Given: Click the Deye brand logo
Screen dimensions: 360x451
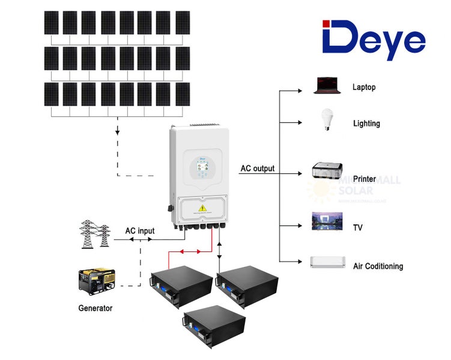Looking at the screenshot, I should tap(374, 40).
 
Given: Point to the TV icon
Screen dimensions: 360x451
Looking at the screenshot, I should tap(327, 221).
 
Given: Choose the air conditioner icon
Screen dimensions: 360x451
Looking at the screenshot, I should tap(327, 262).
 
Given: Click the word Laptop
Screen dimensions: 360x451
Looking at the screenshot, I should tap(364, 87).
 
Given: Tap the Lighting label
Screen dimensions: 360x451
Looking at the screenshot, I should tap(366, 124).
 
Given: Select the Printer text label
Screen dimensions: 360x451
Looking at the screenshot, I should tap(365, 179).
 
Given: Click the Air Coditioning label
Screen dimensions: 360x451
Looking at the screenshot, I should tap(378, 266).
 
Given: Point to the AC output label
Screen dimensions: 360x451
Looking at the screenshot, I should tap(257, 169).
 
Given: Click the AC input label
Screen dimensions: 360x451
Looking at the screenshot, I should tap(139, 230).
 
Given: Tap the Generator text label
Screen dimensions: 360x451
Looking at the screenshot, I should tap(95, 308).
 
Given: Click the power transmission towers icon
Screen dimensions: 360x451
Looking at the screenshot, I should tap(95, 235).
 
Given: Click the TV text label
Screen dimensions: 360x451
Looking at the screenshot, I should tap(358, 228).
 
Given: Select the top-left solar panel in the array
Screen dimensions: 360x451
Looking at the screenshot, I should tap(52, 23).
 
